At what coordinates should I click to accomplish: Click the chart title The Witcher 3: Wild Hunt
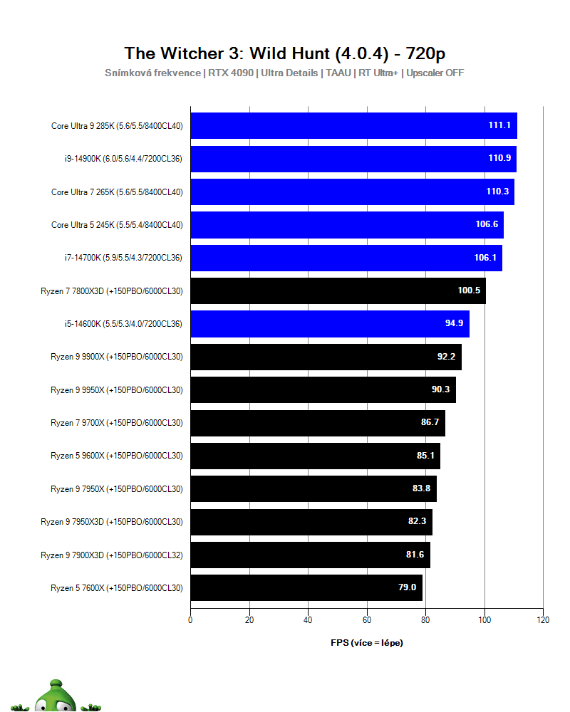[x=285, y=53]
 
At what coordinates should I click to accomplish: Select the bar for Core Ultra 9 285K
[x=353, y=125]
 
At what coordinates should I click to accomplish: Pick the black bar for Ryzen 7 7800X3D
[x=338, y=290]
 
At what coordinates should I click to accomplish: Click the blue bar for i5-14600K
[x=330, y=323]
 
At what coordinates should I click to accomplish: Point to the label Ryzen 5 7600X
[x=117, y=588]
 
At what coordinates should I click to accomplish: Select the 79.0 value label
[x=407, y=588]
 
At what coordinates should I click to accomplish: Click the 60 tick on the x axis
[x=367, y=620]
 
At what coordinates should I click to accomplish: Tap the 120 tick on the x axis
[x=543, y=620]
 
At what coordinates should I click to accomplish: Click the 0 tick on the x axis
[x=190, y=620]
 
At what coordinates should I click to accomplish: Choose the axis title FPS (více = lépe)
[x=367, y=642]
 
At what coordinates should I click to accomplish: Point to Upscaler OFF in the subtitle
[x=435, y=73]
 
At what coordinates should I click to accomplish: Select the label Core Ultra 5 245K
[x=117, y=224]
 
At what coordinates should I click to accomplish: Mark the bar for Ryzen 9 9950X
[x=323, y=389]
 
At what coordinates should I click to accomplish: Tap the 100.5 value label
[x=469, y=290]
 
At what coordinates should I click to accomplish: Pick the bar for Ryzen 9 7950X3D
[x=311, y=522]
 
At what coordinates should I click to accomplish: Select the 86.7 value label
[x=430, y=423]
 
